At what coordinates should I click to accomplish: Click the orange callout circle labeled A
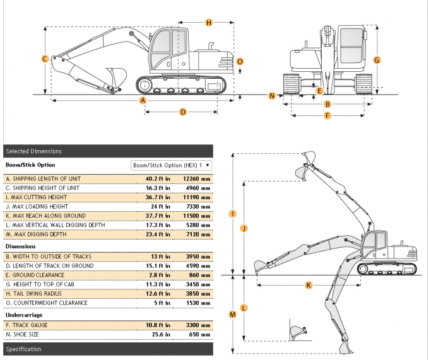[143, 100]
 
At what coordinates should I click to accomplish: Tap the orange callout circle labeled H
[209, 23]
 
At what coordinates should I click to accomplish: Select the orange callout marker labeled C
[45, 59]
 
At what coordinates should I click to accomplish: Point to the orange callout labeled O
[240, 62]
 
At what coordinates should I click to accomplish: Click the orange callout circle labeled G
[377, 60]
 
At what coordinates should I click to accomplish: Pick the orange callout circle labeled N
[272, 96]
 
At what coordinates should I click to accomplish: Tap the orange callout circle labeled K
[309, 285]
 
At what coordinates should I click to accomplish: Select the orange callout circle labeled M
[232, 314]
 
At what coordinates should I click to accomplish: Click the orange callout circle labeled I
[232, 214]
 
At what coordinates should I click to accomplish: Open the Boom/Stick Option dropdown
[170, 165]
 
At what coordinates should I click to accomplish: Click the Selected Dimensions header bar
[108, 151]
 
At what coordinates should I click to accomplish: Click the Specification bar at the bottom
[108, 349]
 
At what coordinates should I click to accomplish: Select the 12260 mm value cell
[196, 179]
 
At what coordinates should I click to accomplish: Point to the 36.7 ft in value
[159, 197]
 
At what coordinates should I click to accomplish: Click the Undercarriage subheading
[23, 314]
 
